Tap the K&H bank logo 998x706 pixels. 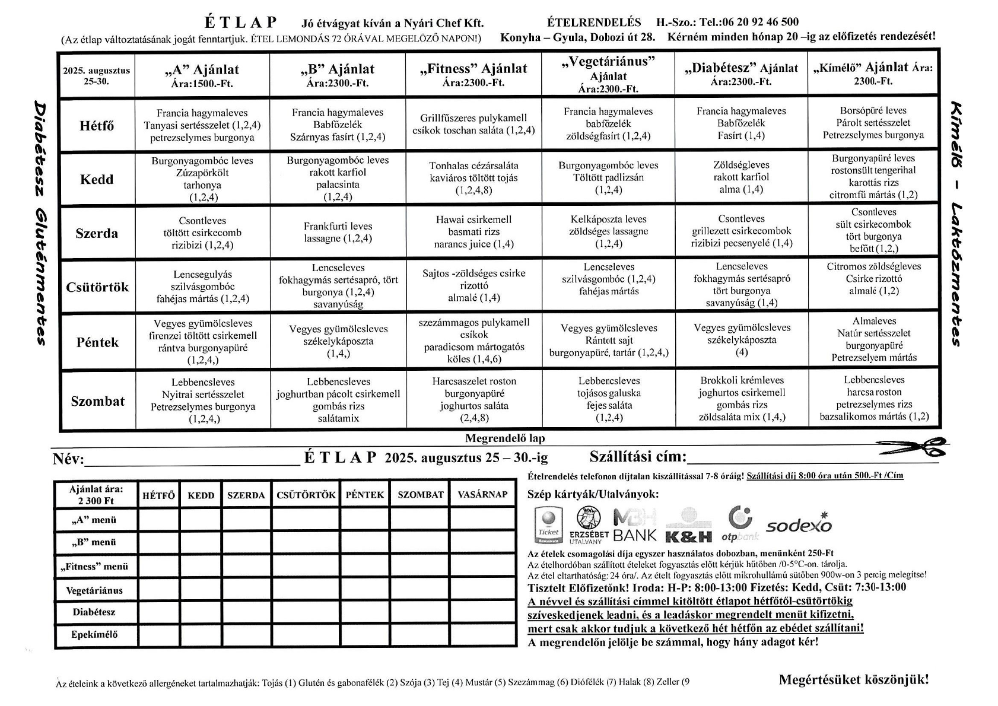pos(688,526)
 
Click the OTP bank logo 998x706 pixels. pos(740,524)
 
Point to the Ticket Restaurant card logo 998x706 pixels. pos(548,525)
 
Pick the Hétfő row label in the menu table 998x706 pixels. pos(97,126)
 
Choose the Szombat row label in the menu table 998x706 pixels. pos(97,401)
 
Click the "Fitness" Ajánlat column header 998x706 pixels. pos(473,75)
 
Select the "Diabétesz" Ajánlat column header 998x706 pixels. pos(741,74)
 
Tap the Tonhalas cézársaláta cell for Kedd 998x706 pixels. pos(473,178)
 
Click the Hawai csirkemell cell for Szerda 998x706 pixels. pos(473,232)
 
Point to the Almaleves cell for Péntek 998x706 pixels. pos(873,339)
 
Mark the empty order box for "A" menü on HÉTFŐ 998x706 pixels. pos(158,520)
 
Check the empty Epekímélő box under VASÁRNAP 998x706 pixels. pos(482,635)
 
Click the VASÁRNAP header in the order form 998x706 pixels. pos(482,495)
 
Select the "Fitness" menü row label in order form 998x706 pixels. pos(95,567)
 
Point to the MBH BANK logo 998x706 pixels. pos(635,525)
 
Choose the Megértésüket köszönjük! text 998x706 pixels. pos(853,680)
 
